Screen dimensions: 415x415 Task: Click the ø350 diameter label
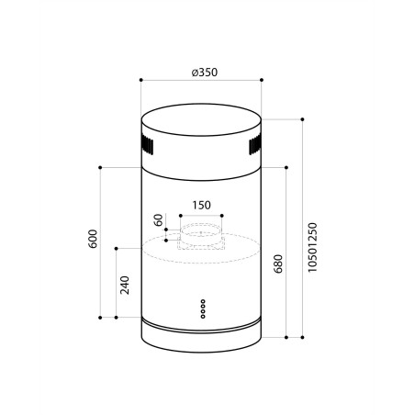click(205, 73)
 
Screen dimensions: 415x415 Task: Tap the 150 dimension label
click(201, 205)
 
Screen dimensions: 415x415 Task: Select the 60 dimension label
click(159, 220)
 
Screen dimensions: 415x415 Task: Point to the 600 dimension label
click(93, 239)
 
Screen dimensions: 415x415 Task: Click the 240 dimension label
click(125, 285)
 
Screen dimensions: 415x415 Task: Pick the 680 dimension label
click(278, 264)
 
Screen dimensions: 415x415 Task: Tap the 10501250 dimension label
click(312, 247)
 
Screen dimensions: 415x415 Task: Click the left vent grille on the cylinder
click(147, 145)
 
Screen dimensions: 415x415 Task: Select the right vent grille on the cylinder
click(255, 145)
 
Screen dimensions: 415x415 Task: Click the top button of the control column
click(203, 301)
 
